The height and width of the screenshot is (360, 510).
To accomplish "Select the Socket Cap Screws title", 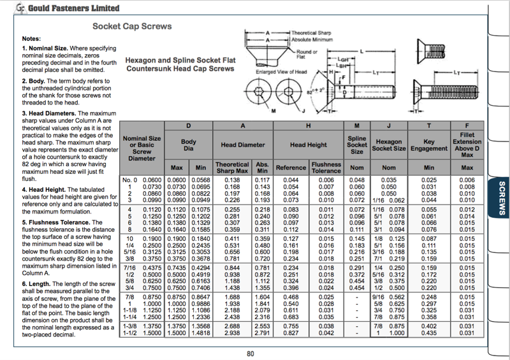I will (x=132, y=26).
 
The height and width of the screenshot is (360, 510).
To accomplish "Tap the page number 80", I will (x=251, y=353).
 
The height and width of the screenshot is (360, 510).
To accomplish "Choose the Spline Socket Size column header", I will (x=357, y=145).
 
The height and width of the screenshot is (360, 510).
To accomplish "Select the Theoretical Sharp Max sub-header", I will (x=232, y=168).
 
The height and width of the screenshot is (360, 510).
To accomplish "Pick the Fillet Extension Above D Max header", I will (x=467, y=145).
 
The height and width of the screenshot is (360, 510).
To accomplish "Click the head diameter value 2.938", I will (x=232, y=333).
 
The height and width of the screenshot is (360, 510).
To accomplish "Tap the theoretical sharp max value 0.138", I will (x=232, y=180).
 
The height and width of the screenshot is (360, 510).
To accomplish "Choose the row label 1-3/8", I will (x=130, y=326).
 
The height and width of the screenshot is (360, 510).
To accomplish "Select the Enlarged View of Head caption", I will (x=282, y=72).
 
